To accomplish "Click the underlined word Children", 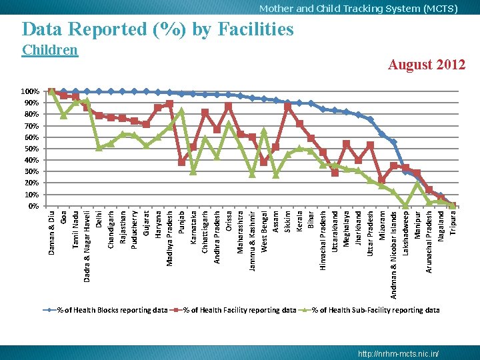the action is tap(50, 50).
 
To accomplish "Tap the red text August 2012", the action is tap(427, 65).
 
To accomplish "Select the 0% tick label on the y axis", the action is tap(34, 206).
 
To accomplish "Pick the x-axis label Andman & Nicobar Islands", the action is tap(394, 255).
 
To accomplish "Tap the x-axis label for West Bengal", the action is tap(264, 231).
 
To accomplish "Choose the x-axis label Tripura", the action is tap(453, 223).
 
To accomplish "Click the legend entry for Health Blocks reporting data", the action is tap(105, 310).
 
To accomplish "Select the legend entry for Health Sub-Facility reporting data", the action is tap(369, 310).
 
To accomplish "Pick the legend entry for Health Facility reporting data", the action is tap(233, 310).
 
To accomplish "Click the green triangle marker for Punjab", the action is tap(181, 111).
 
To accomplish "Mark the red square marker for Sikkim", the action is tap(287, 107).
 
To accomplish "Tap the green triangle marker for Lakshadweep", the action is tap(405, 205).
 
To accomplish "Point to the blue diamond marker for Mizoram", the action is tap(382, 134).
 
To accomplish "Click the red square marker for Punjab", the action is tap(181, 161).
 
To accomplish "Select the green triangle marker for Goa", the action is tap(64, 116).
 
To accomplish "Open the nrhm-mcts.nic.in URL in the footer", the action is tap(398, 353).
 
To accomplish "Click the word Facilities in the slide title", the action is tap(255, 29).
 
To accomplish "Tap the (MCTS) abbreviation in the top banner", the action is tap(441, 9).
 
